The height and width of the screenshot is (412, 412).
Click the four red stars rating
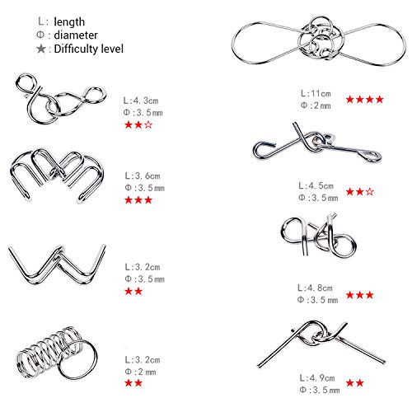pyautogui.click(x=363, y=100)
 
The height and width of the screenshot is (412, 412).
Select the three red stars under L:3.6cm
pyautogui.click(x=138, y=200)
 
